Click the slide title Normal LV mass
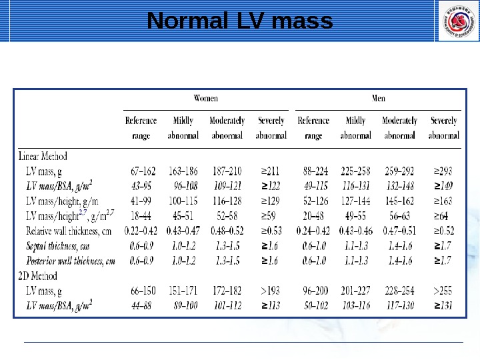point(239,21)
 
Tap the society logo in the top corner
point(458,21)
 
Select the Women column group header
point(205,98)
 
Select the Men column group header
point(378,98)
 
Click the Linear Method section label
point(42,157)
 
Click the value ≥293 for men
point(443,170)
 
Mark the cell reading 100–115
point(183,200)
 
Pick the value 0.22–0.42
point(140,231)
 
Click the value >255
point(443,290)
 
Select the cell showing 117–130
point(399,305)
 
